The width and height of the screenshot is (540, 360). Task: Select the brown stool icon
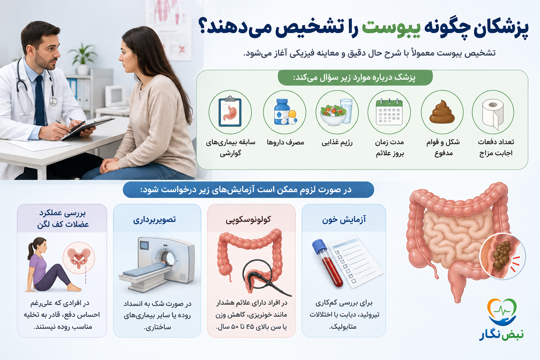coord(442,112)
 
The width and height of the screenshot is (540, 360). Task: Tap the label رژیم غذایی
coord(337,143)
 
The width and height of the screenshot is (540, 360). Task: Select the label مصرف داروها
coord(285,142)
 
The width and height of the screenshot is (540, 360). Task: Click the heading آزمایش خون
coord(344,220)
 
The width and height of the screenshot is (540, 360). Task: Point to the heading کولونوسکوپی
coord(248,219)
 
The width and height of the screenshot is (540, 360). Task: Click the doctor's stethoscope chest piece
coord(53,101)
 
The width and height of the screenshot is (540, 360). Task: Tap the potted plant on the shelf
coord(82,59)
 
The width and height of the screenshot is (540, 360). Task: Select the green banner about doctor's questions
coord(355,78)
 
